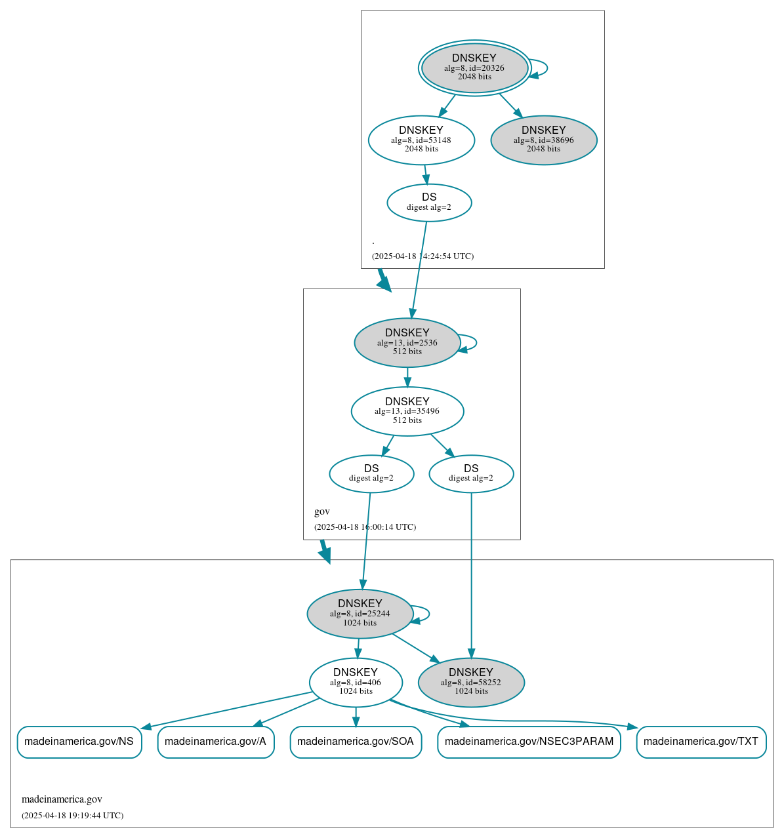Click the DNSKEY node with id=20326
474,68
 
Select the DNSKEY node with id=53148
421,140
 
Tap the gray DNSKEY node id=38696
543,140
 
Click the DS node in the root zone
429,202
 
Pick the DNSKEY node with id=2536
407,342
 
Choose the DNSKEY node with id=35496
407,411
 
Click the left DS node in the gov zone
371,473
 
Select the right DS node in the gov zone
471,473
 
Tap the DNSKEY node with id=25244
360,613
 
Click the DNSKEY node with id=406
356,682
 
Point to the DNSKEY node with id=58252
471,682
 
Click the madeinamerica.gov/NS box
79,742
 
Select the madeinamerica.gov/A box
216,742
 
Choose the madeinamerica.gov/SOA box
356,742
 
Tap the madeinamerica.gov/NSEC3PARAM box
529,742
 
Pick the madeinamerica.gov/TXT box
701,742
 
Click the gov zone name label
321,511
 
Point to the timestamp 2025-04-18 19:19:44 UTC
72,816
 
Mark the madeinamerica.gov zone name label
62,799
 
